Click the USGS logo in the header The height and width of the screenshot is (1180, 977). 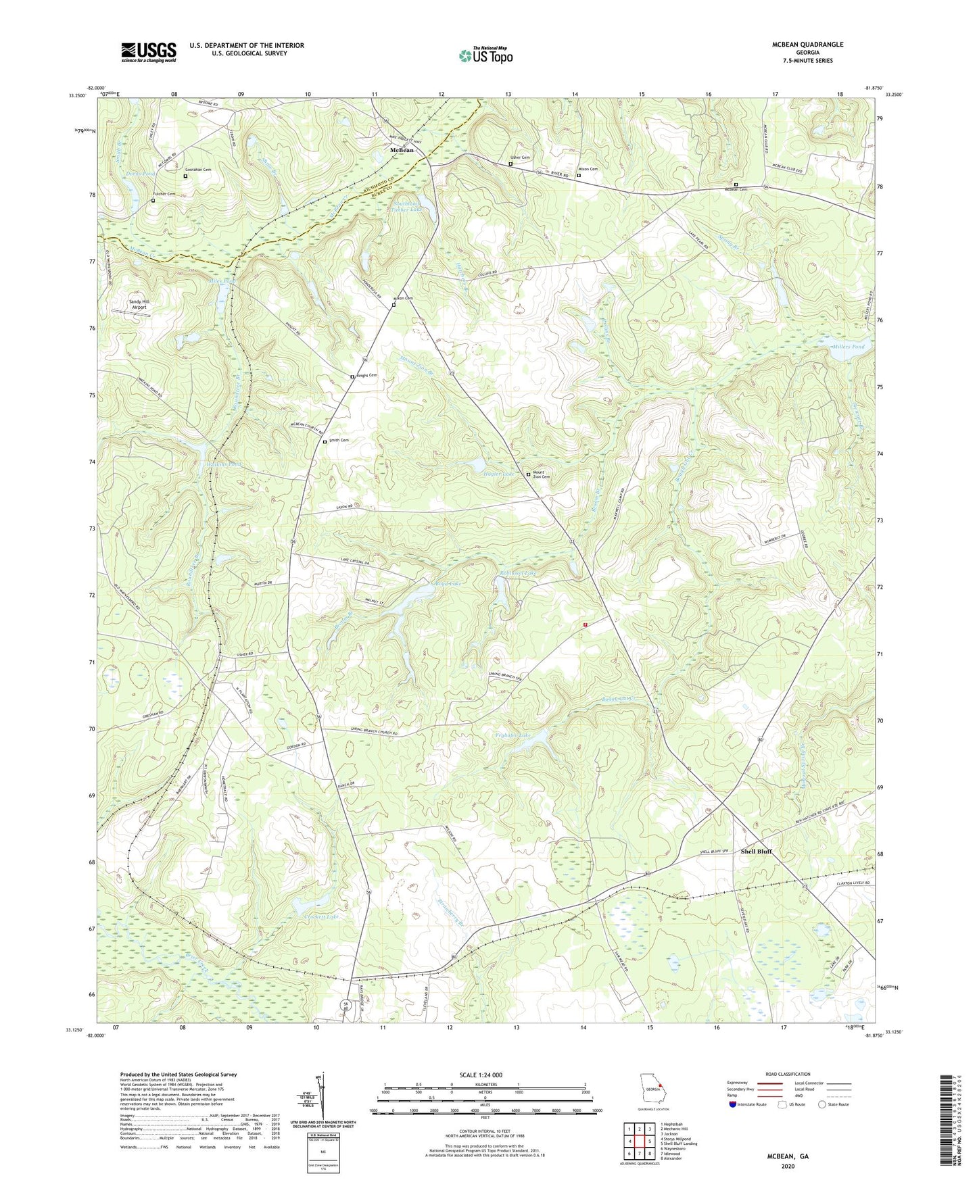click(148, 52)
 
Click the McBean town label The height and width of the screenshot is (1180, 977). click(402, 150)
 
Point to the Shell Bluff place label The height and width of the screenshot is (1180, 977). click(755, 852)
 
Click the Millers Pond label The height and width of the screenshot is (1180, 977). click(849, 347)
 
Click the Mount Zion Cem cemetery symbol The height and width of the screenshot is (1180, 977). click(528, 474)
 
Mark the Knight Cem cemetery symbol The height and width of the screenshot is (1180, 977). click(352, 376)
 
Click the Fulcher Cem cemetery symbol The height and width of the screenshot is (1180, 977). click(153, 201)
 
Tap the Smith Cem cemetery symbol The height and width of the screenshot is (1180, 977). click(325, 441)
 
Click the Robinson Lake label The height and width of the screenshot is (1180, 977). click(518, 573)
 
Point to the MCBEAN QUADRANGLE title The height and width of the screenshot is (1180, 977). click(807, 45)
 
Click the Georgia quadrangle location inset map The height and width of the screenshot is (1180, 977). click(652, 1090)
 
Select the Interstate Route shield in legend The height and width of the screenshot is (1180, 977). click(733, 1104)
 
